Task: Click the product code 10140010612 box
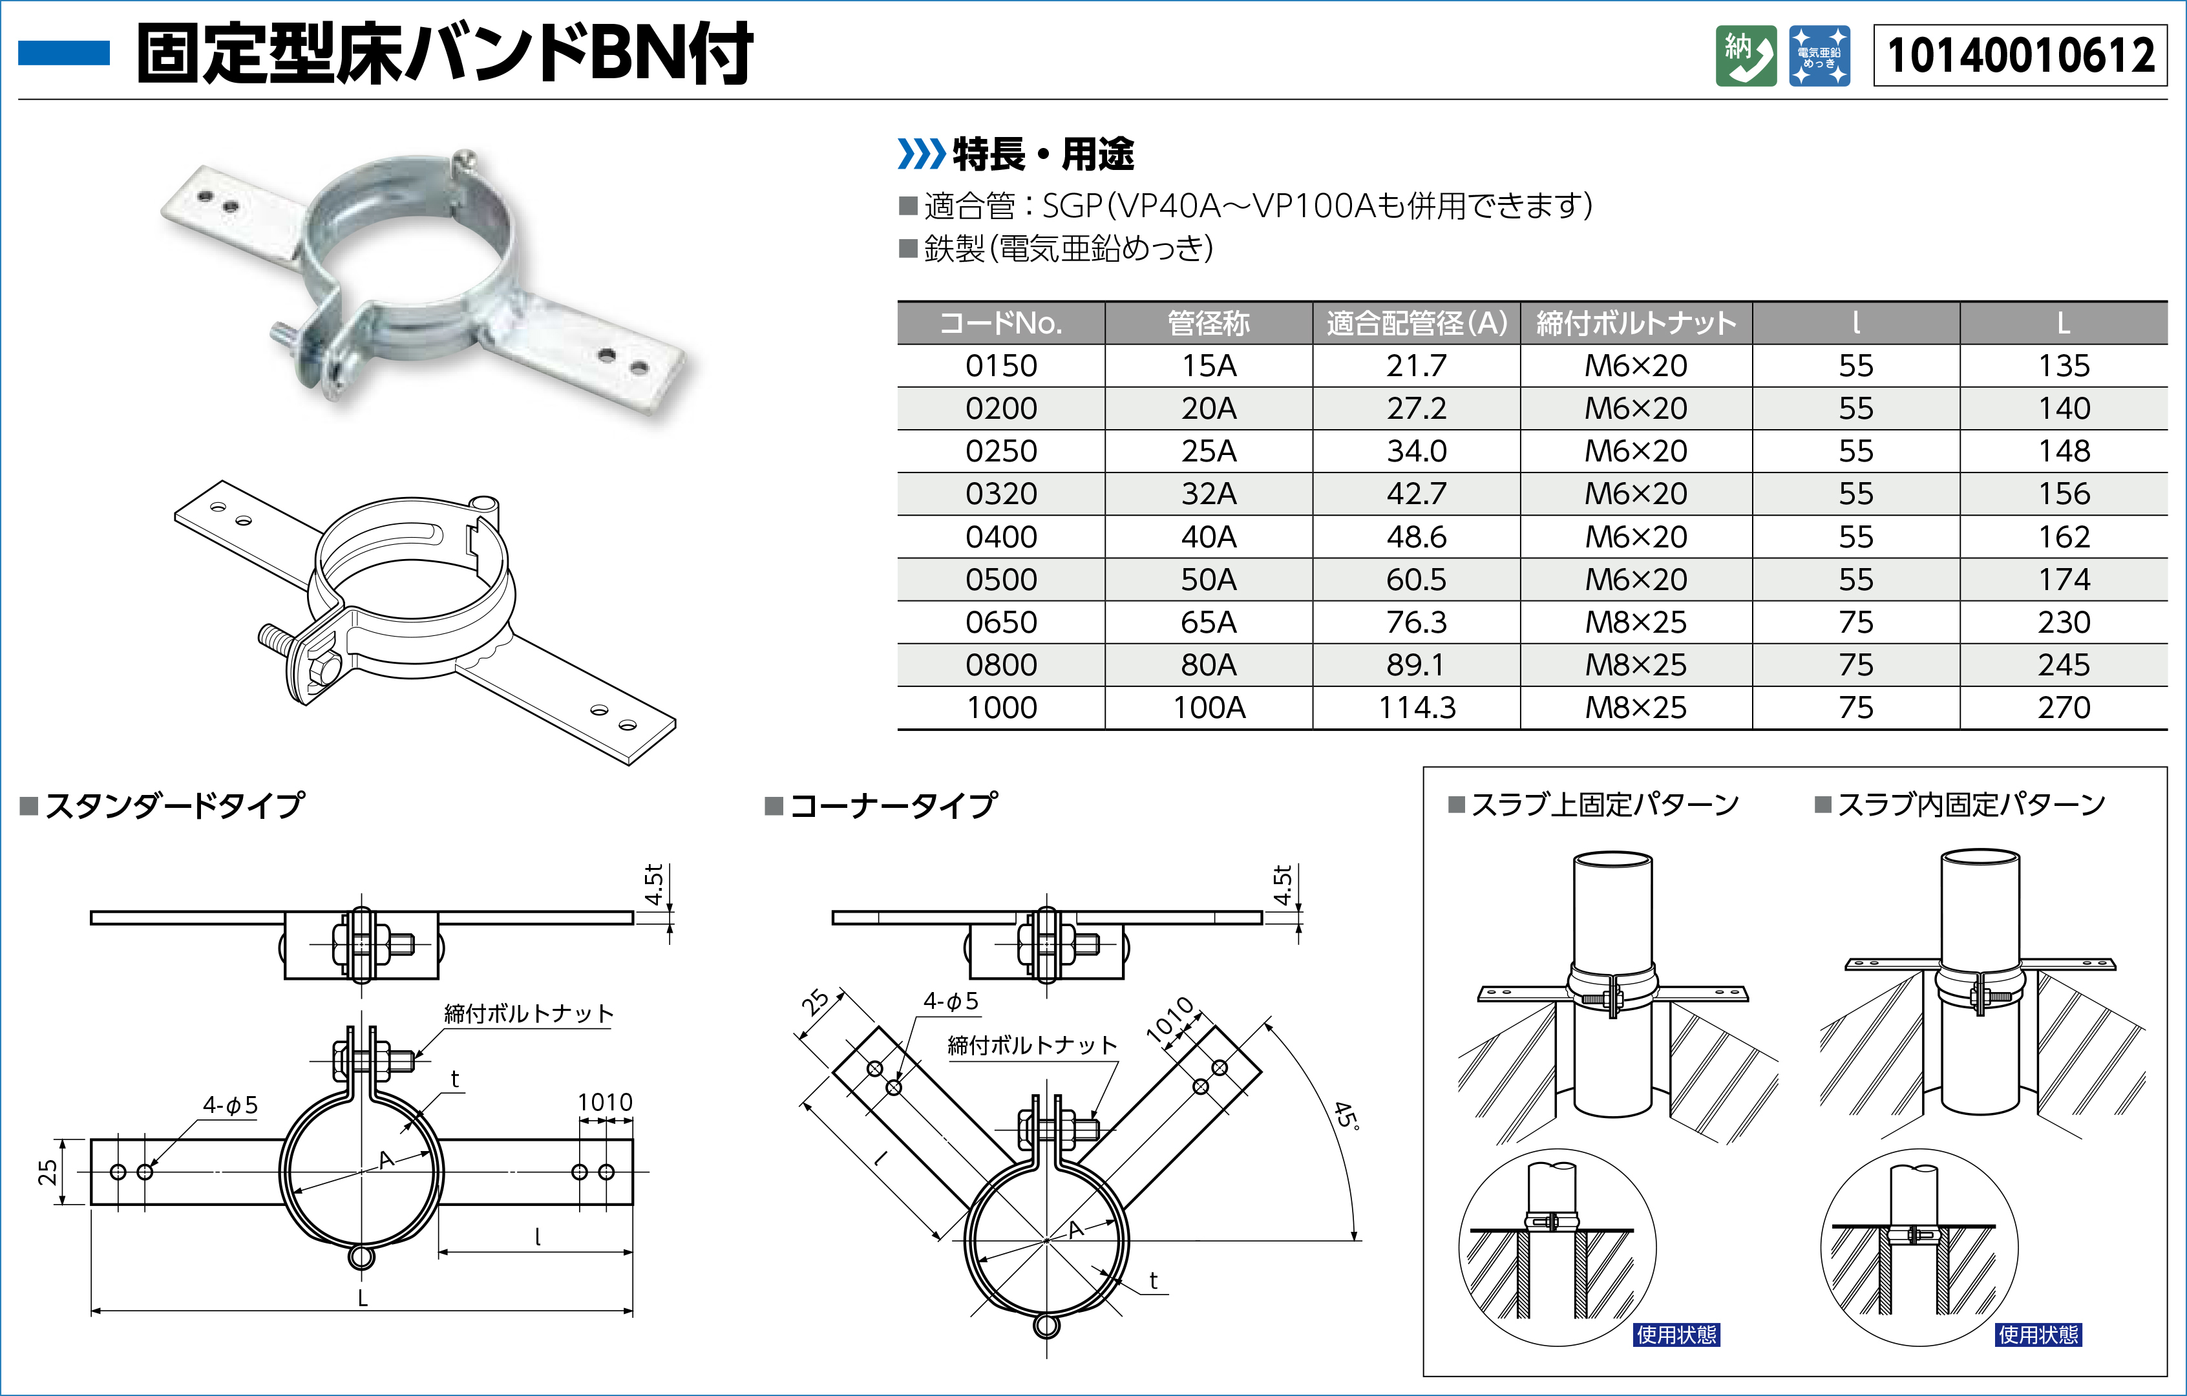click(2020, 56)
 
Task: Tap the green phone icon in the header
click(1746, 56)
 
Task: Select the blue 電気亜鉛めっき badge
click(1819, 56)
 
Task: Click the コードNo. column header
click(1001, 323)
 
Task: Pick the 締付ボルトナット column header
click(1636, 323)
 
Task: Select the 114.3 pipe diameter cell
click(1417, 708)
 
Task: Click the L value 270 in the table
click(2064, 708)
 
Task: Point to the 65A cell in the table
click(1209, 622)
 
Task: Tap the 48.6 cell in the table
click(1417, 537)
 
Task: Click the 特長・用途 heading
click(1042, 154)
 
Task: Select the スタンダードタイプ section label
click(174, 805)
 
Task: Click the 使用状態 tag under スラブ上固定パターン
click(1676, 1334)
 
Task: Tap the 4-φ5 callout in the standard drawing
click(231, 1105)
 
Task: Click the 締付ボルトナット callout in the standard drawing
click(529, 1013)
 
